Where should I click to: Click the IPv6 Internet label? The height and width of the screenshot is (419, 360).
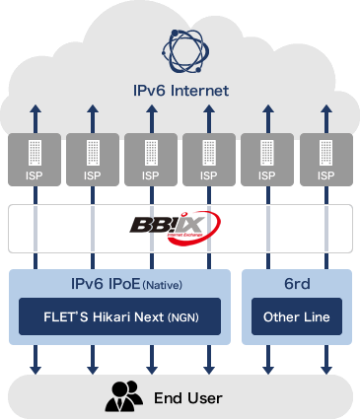(180, 91)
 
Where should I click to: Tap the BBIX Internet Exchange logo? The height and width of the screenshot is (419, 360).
(180, 228)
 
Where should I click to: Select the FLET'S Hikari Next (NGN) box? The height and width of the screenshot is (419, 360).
(119, 318)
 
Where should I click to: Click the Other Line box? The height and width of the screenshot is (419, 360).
(296, 318)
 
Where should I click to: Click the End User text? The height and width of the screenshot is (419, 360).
(187, 398)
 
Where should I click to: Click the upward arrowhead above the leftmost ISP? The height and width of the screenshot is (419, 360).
(36, 107)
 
